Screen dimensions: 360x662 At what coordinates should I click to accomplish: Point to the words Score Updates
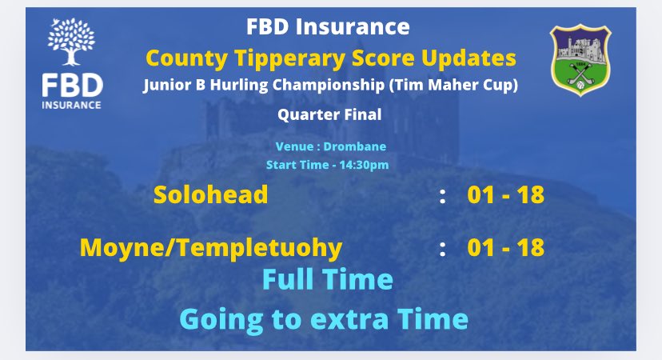tap(434, 58)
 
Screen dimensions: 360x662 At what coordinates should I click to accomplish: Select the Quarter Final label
tap(329, 114)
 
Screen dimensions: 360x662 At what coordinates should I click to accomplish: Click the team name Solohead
tap(210, 195)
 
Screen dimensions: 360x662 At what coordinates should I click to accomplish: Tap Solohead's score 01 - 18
tap(505, 195)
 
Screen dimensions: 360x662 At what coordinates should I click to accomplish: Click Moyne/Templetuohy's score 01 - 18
tap(505, 247)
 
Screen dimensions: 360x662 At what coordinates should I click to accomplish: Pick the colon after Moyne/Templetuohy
tap(442, 248)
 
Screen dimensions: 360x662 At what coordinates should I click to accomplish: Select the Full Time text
tap(328, 280)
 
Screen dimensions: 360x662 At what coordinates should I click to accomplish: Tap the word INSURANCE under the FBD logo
tap(73, 104)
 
